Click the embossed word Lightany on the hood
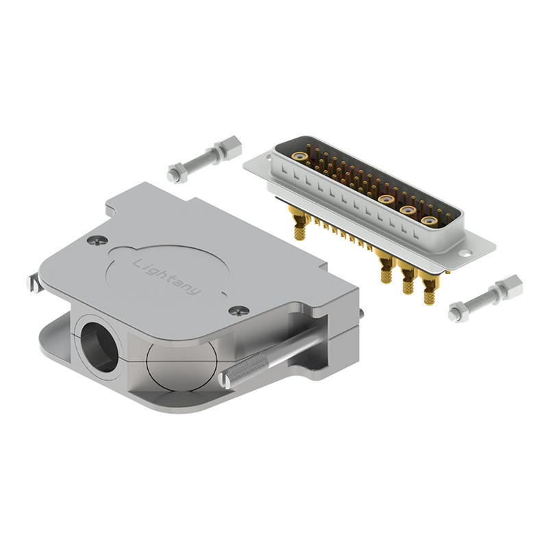pyautogui.click(x=167, y=277)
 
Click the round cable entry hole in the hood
pyautogui.click(x=99, y=347)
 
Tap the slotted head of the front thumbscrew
pyautogui.click(x=224, y=381)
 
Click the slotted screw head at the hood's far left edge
pyautogui.click(x=32, y=283)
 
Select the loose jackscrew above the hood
pyautogui.click(x=204, y=159)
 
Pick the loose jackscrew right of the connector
pyautogui.click(x=486, y=299)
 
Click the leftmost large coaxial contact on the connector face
pyautogui.click(x=299, y=156)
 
